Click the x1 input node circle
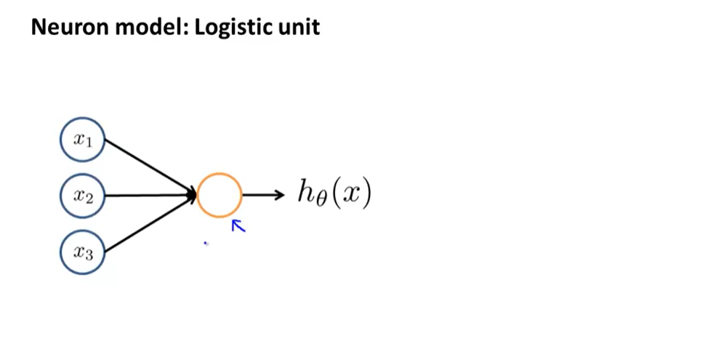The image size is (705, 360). click(x=83, y=140)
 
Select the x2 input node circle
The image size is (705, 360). click(x=83, y=195)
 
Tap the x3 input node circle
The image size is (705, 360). click(x=83, y=252)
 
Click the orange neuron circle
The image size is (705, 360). click(x=219, y=195)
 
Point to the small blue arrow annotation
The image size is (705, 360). click(x=238, y=226)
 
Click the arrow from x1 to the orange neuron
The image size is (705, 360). click(x=149, y=167)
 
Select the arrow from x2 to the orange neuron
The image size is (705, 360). click(x=149, y=195)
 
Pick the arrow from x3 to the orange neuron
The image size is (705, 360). click(x=149, y=224)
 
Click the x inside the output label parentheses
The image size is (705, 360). click(x=351, y=194)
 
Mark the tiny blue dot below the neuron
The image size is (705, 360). click(x=206, y=244)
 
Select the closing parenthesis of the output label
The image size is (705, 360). click(x=367, y=194)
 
